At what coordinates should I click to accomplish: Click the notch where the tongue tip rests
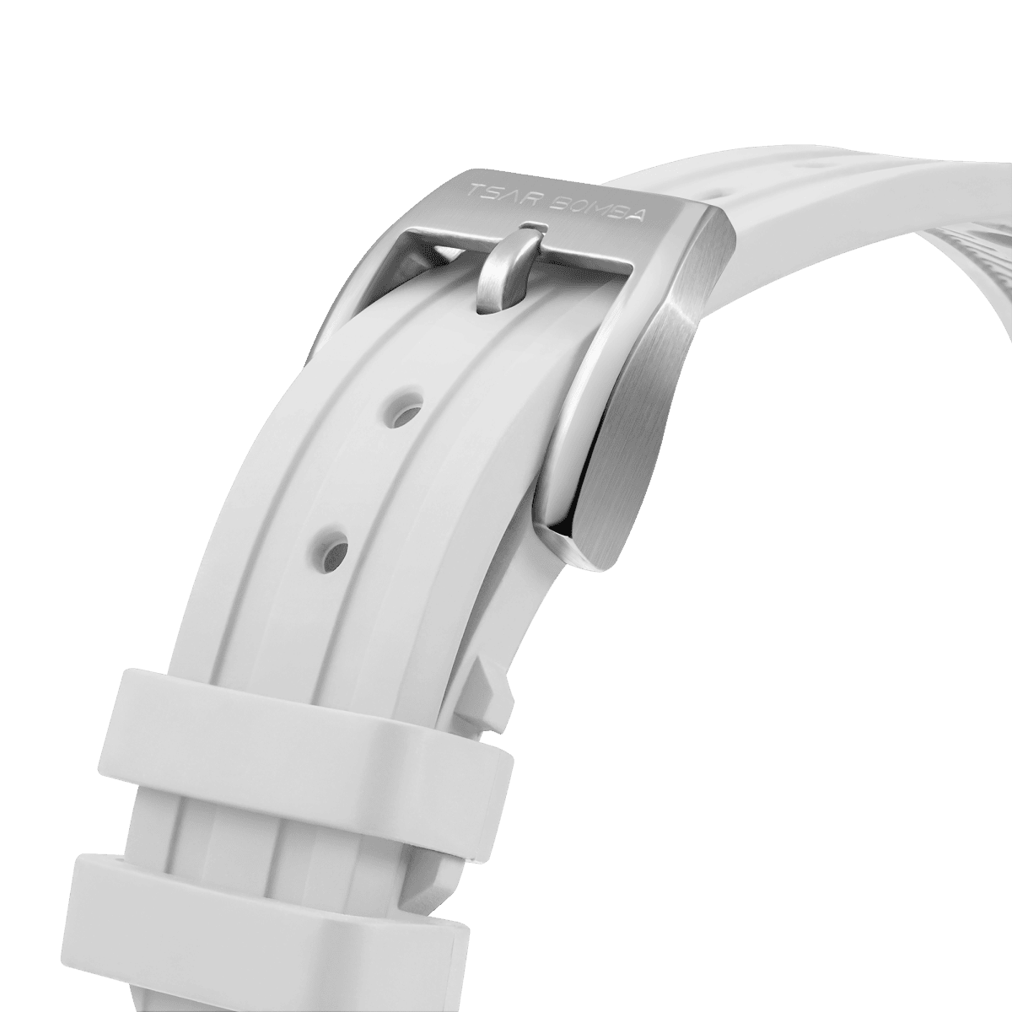click(530, 226)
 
